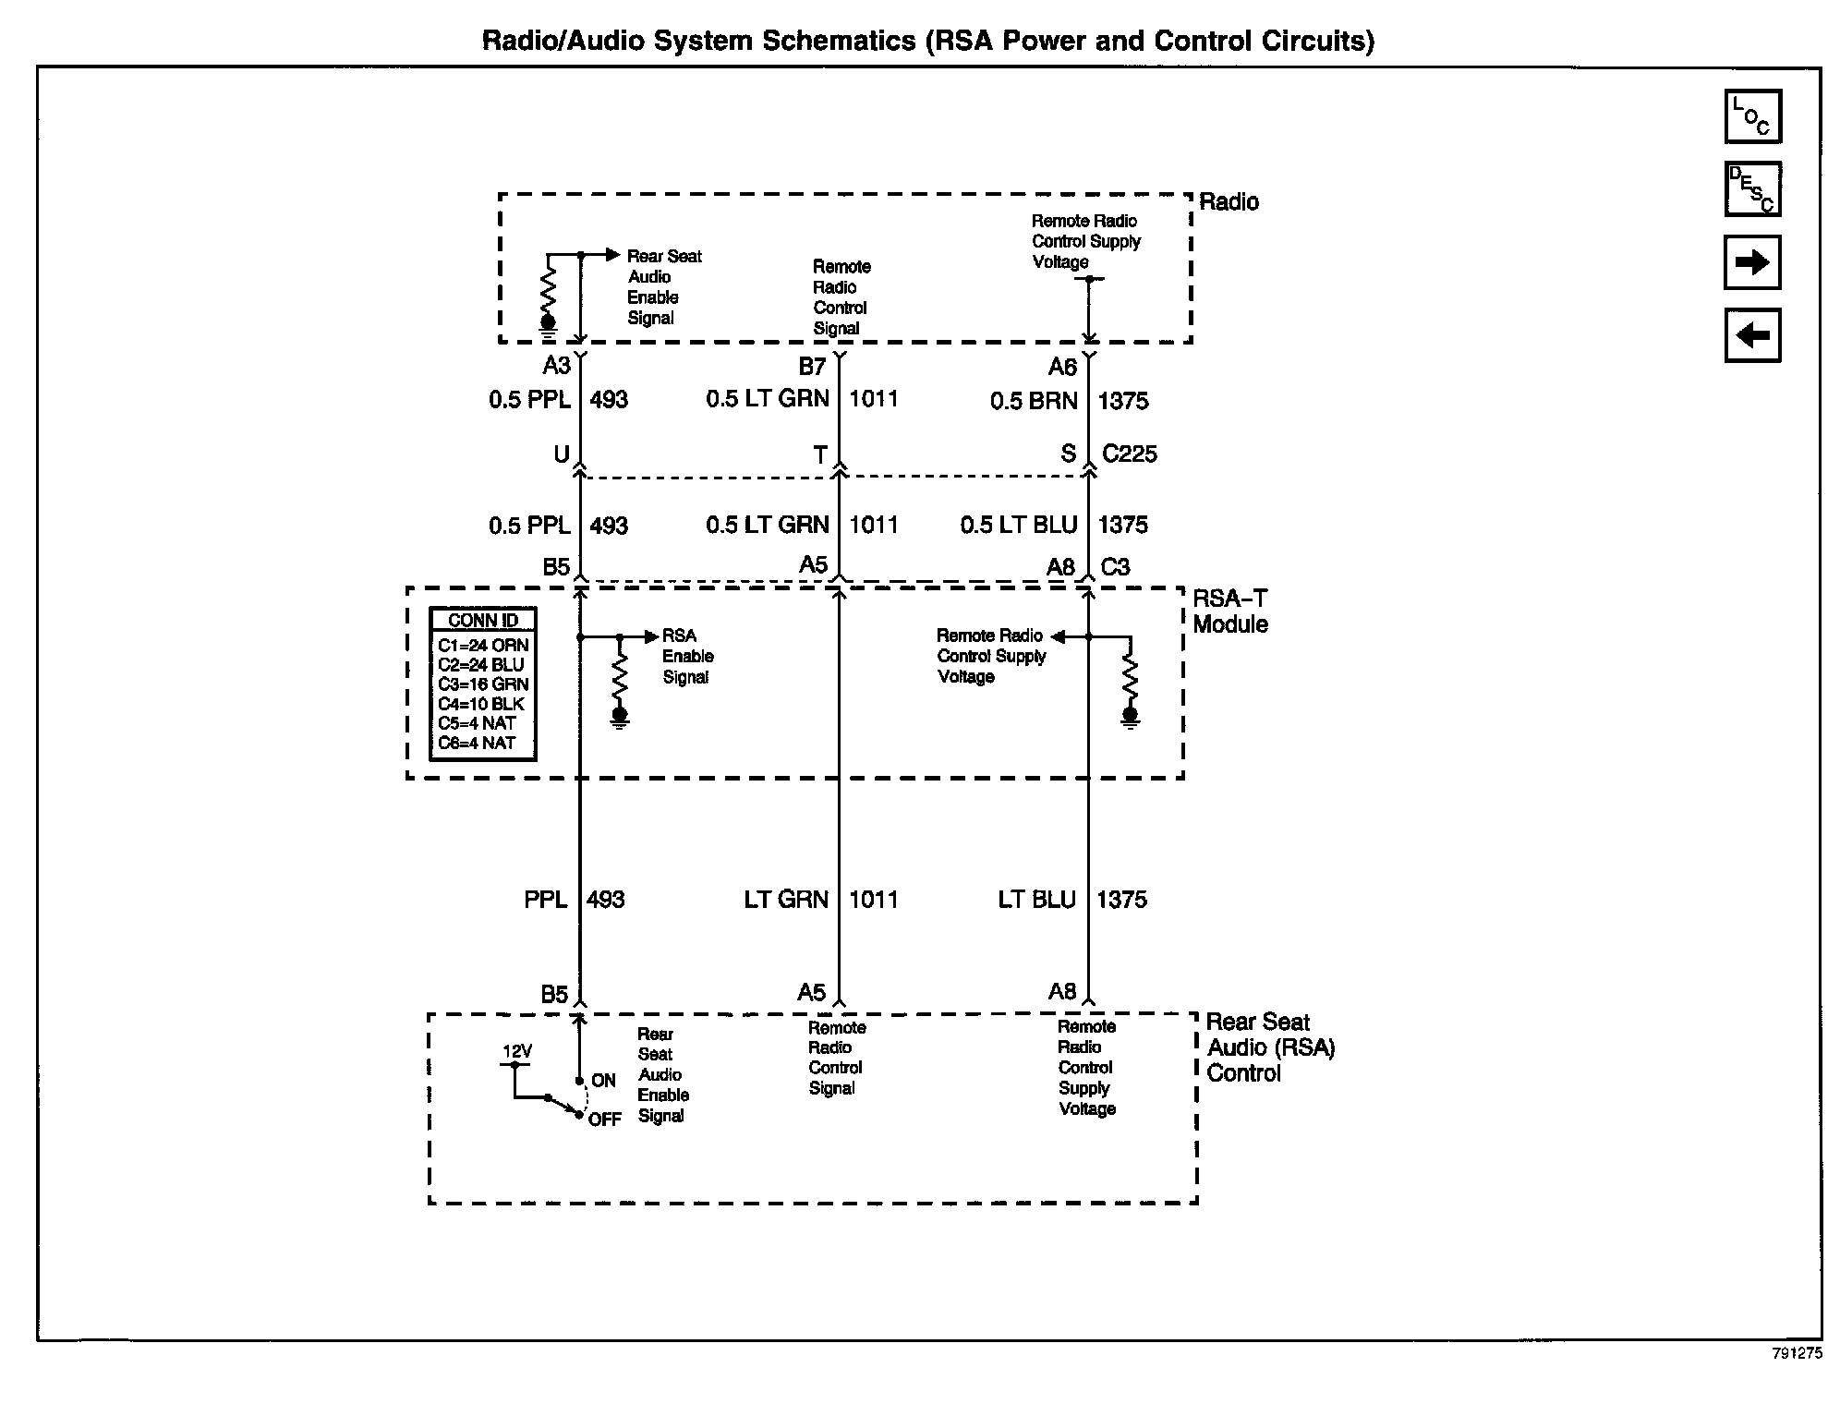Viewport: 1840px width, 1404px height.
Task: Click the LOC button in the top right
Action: click(1751, 116)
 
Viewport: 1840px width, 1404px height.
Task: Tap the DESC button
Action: click(1751, 189)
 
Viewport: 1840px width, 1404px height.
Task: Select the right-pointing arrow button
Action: click(1751, 262)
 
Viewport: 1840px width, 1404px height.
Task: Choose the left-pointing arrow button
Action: click(1751, 335)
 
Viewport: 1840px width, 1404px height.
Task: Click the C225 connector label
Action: click(1129, 454)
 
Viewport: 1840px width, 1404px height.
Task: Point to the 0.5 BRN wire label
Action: click(1033, 401)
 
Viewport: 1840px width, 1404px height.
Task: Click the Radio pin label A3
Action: click(556, 366)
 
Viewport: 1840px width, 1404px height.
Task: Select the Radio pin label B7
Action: click(812, 367)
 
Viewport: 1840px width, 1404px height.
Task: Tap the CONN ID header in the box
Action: click(483, 621)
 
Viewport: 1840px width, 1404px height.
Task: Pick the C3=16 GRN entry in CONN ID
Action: click(483, 684)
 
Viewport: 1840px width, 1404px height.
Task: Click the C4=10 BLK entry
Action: click(481, 704)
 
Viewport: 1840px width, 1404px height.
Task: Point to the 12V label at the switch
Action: click(517, 1051)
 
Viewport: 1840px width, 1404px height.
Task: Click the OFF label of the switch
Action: click(605, 1120)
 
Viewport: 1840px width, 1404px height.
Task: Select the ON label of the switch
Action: click(603, 1081)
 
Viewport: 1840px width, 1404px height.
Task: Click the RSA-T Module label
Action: click(1229, 611)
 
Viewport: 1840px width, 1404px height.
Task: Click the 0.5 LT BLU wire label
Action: click(1018, 525)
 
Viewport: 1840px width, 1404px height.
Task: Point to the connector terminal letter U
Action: click(561, 454)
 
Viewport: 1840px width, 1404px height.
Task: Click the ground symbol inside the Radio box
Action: click(548, 323)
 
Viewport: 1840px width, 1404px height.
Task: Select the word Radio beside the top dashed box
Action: click(1229, 201)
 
